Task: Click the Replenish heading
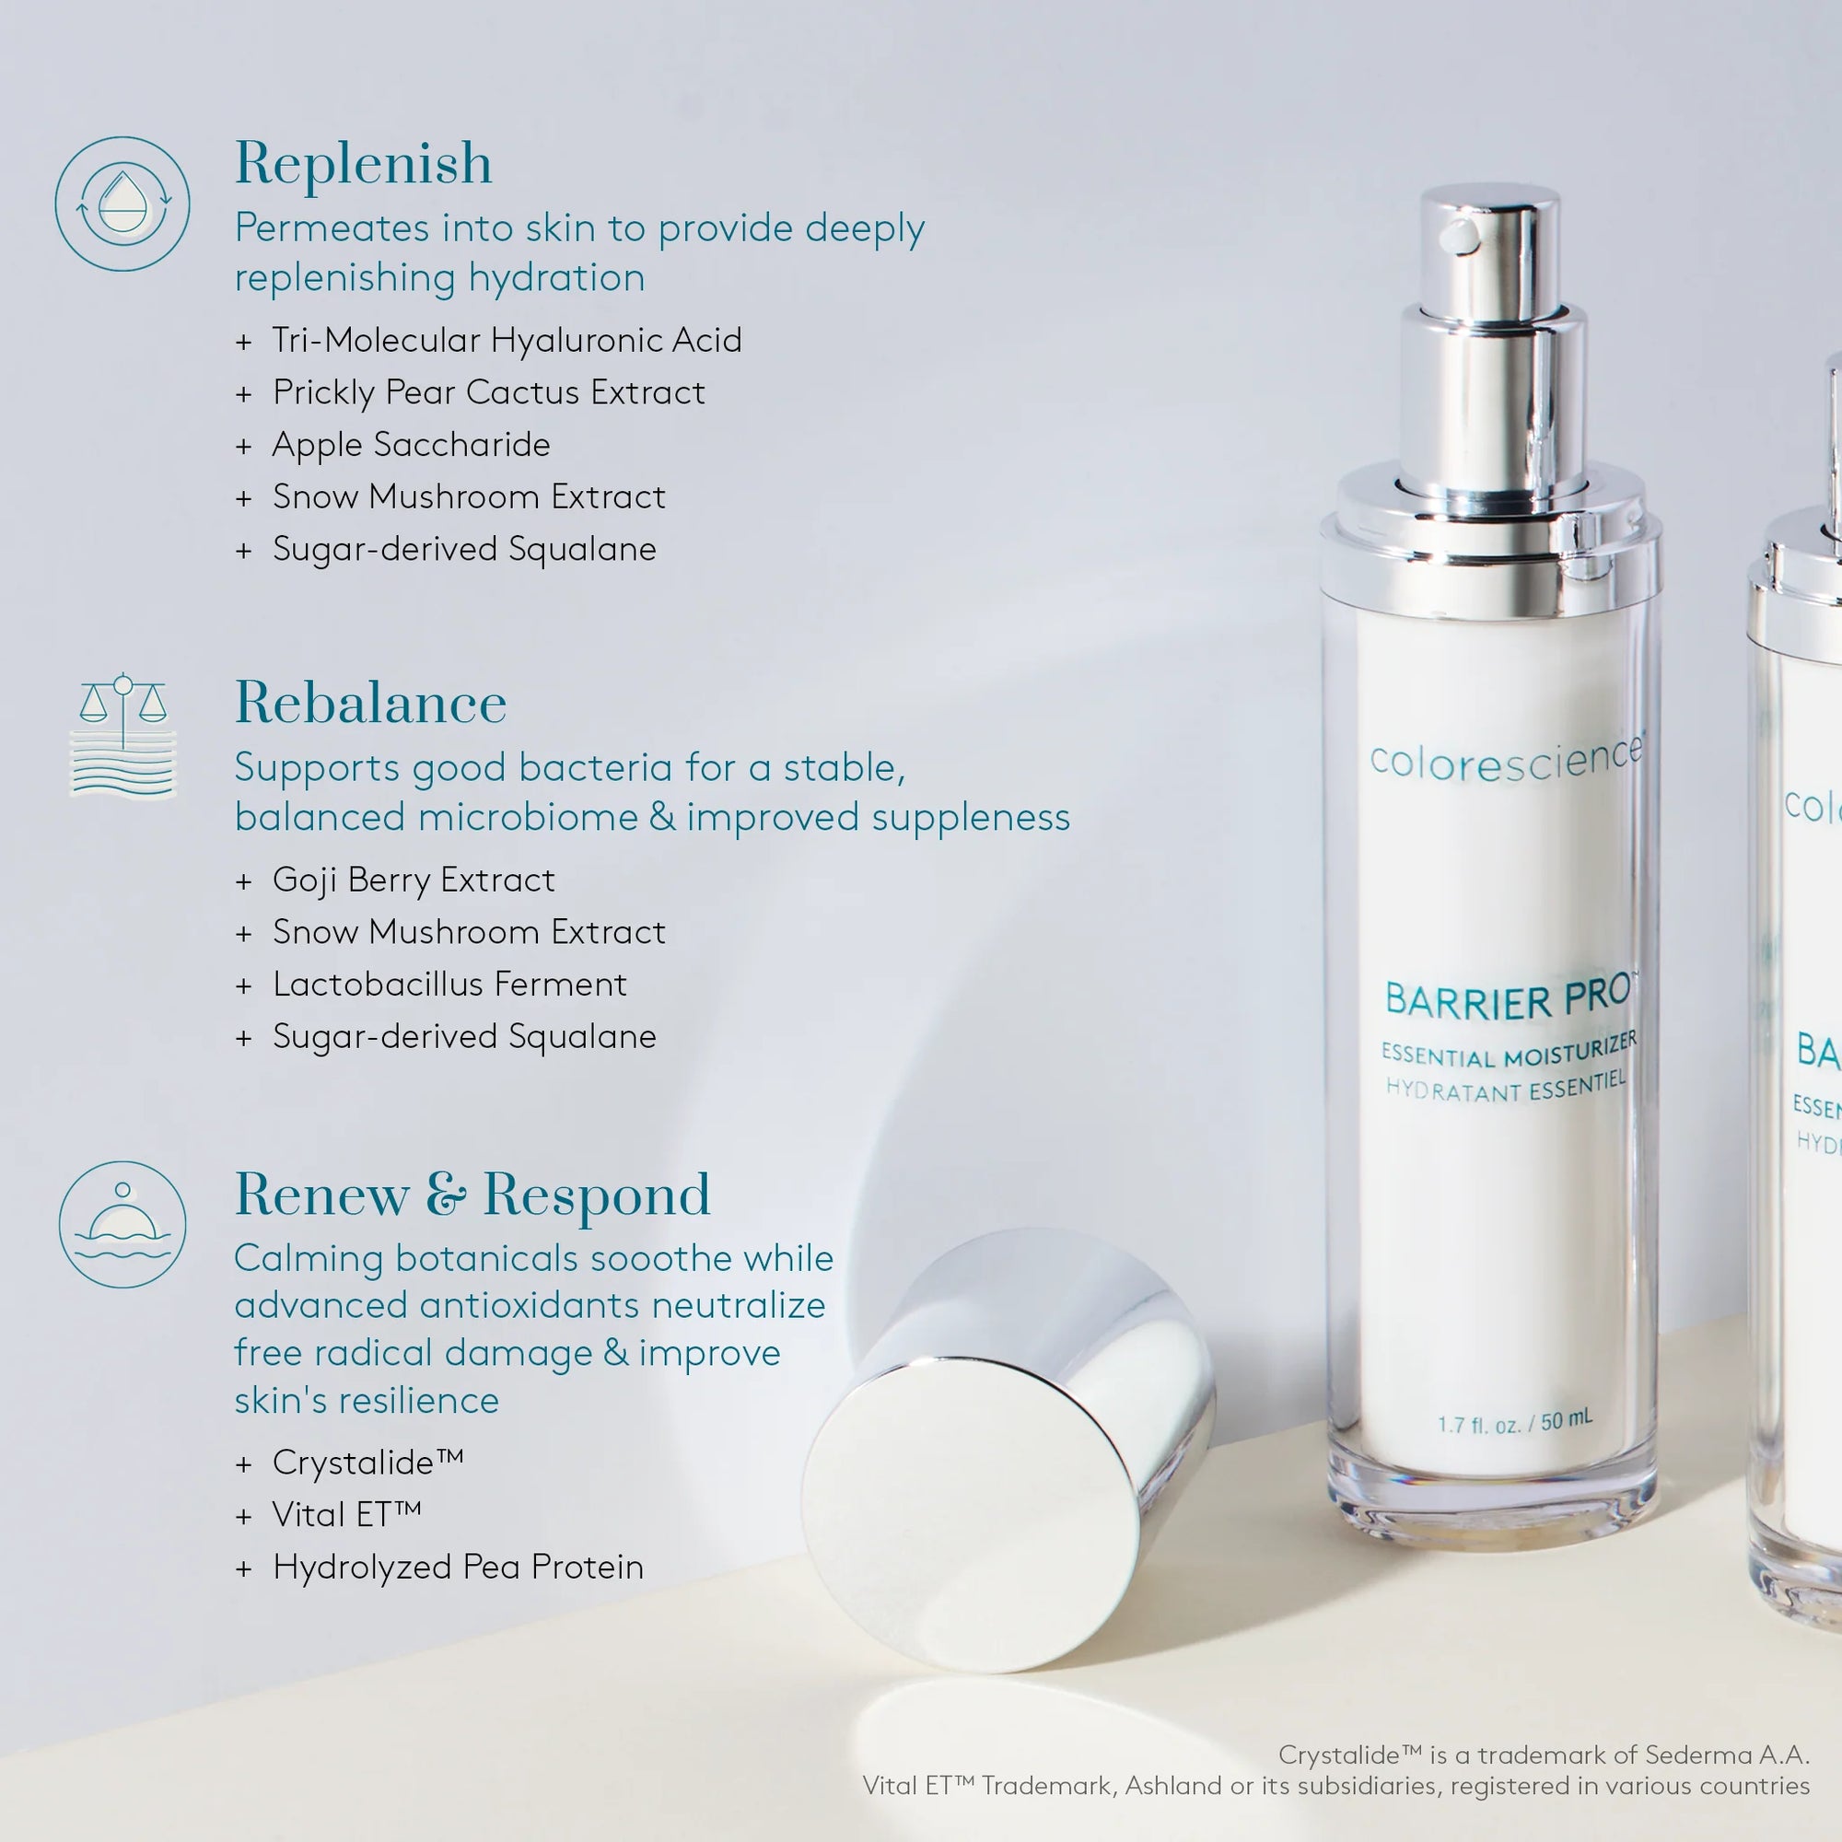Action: (x=363, y=164)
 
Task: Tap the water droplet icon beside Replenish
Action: (x=123, y=203)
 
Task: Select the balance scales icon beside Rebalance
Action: (x=123, y=735)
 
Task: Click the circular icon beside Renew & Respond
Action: (x=123, y=1224)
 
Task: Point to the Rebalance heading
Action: (x=371, y=704)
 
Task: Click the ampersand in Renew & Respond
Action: (x=446, y=1195)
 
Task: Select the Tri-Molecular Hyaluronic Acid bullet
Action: (x=506, y=341)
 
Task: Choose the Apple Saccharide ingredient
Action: (x=411, y=445)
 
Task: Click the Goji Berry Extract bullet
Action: (x=413, y=880)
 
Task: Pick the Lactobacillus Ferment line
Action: (x=449, y=984)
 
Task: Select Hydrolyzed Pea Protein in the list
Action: (x=458, y=1567)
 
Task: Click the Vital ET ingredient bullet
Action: (x=346, y=1514)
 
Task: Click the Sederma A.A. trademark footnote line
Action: (x=1543, y=1755)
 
